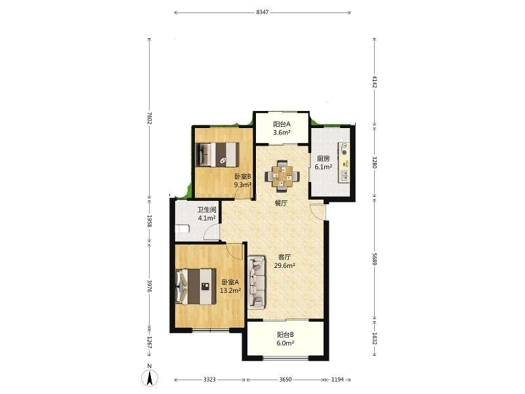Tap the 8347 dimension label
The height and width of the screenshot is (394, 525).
point(262,12)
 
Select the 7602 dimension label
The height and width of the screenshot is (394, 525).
point(150,118)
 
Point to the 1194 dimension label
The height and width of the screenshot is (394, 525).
point(337,380)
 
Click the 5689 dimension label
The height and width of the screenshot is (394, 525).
point(375,259)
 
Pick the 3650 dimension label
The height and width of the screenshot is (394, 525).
point(285,380)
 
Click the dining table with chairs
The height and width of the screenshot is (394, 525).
point(282,176)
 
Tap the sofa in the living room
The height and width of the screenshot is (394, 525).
point(257,282)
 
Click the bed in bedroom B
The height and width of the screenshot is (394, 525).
point(217,154)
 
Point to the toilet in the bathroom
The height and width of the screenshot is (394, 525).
point(182,229)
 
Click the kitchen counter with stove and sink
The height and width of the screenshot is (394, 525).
point(344,162)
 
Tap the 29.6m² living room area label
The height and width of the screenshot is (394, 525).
point(285,266)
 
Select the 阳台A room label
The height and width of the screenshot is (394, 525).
point(282,124)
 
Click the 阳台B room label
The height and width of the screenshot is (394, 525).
point(285,335)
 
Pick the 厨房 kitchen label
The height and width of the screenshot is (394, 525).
point(324,158)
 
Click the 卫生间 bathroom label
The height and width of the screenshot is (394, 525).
point(207,210)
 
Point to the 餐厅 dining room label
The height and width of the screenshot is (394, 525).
point(282,204)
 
